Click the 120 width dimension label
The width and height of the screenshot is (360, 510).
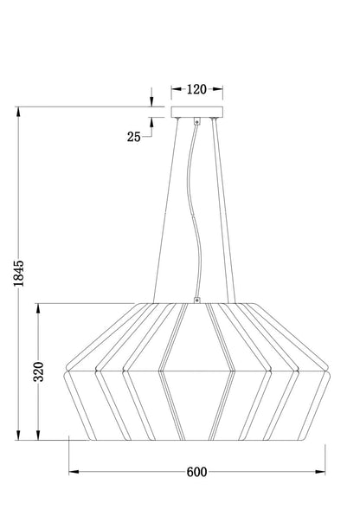pyautogui.click(x=196, y=89)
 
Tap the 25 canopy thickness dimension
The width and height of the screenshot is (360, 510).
pyautogui.click(x=133, y=137)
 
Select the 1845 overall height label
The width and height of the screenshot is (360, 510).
pyautogui.click(x=18, y=274)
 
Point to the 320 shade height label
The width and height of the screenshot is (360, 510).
pyautogui.click(x=39, y=371)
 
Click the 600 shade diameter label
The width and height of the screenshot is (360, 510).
pyautogui.click(x=196, y=472)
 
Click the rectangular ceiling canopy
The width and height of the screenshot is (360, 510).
pyautogui.click(x=197, y=112)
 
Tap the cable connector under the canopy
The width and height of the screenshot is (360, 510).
pyautogui.click(x=196, y=121)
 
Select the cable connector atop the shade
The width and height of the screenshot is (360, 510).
pyautogui.click(x=196, y=300)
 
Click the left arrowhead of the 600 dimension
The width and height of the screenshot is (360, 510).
pyautogui.click(x=74, y=472)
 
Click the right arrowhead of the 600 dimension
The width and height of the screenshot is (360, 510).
pyautogui.click(x=320, y=472)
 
